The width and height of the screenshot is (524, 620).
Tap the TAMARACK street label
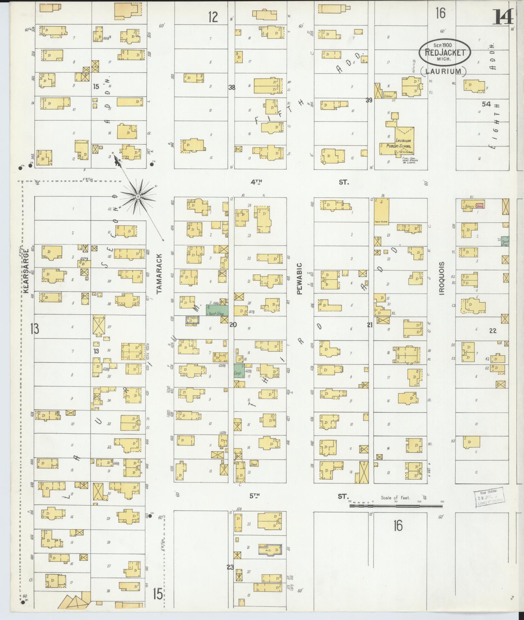tap(159, 274)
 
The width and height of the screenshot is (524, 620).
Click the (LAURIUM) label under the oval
tap(443, 71)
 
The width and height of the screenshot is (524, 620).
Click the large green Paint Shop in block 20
tap(217, 310)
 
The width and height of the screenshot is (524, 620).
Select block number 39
tap(369, 100)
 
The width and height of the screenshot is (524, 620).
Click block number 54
tap(486, 104)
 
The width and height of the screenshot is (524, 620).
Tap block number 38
tap(231, 87)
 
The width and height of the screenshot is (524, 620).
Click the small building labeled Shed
tap(254, 464)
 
